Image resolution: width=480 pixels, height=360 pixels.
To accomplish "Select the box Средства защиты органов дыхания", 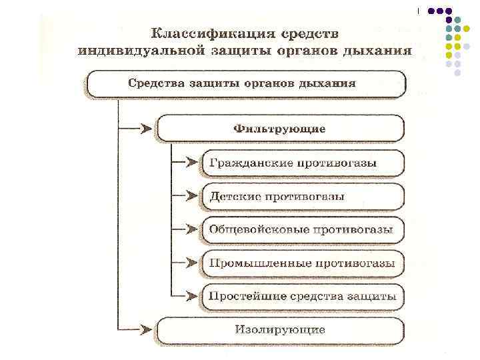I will coord(244,85).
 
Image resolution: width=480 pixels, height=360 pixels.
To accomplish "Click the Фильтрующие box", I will coord(280,128).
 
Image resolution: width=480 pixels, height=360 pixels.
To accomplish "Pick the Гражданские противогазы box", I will coord(302,163).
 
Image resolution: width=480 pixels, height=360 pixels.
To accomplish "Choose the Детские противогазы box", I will coord(302,197).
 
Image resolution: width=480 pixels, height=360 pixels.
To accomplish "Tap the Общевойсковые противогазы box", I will coord(302,229).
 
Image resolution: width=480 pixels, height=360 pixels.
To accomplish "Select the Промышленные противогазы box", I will coord(302,263).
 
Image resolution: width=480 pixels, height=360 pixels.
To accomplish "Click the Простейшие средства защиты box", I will coord(302,295).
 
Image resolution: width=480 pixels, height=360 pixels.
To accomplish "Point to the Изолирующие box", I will coord(280,329).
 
